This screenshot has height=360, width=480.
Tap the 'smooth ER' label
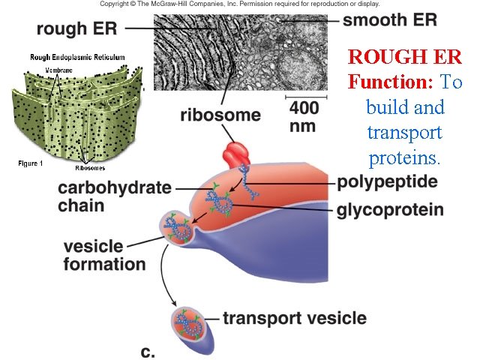[389, 19]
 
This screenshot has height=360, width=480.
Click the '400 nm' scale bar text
[304, 117]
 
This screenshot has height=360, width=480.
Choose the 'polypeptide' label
[387, 182]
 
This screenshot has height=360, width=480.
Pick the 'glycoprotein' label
[390, 209]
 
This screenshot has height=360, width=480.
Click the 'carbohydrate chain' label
[114, 196]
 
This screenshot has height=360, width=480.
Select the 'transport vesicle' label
[295, 318]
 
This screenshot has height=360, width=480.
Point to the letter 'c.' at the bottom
[147, 350]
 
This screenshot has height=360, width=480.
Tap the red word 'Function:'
[390, 81]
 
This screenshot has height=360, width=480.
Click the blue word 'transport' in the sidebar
[404, 133]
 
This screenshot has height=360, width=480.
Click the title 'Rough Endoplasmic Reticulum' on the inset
[77, 58]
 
